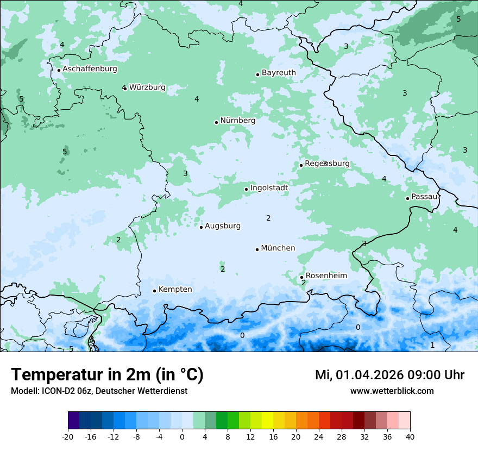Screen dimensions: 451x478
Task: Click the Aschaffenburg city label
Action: (90, 69)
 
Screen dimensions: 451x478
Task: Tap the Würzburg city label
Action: (147, 87)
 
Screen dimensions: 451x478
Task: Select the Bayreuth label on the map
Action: (279, 73)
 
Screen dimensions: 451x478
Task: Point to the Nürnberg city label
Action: (237, 121)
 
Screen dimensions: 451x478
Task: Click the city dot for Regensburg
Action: (301, 165)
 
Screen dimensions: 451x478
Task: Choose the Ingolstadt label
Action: (269, 188)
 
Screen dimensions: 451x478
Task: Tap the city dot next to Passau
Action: (407, 198)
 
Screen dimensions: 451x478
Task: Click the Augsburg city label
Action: (222, 226)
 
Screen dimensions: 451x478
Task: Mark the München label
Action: (278, 248)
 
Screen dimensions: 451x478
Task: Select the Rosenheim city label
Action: (326, 276)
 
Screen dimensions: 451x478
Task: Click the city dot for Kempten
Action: (154, 291)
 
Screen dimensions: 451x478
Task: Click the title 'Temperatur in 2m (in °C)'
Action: (107, 375)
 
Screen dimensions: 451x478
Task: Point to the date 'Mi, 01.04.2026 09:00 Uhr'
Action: (389, 375)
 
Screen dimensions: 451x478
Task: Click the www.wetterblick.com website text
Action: (392, 391)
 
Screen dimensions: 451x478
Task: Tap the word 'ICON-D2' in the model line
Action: (54, 391)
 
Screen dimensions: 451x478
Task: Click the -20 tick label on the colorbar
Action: (68, 437)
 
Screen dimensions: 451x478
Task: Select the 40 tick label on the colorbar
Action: (410, 437)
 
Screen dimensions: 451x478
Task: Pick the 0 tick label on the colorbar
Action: (182, 437)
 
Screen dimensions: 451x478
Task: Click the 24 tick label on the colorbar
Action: (319, 437)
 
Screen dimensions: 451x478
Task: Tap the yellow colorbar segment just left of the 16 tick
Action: (267, 421)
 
